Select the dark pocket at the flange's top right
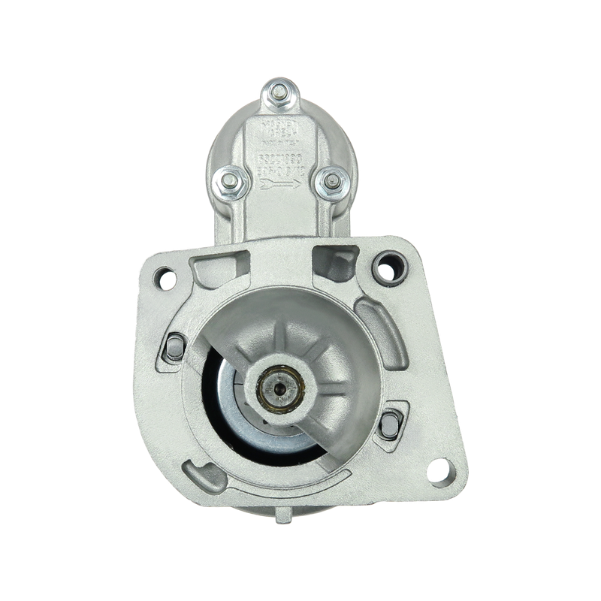pyautogui.click(x=331, y=264)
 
